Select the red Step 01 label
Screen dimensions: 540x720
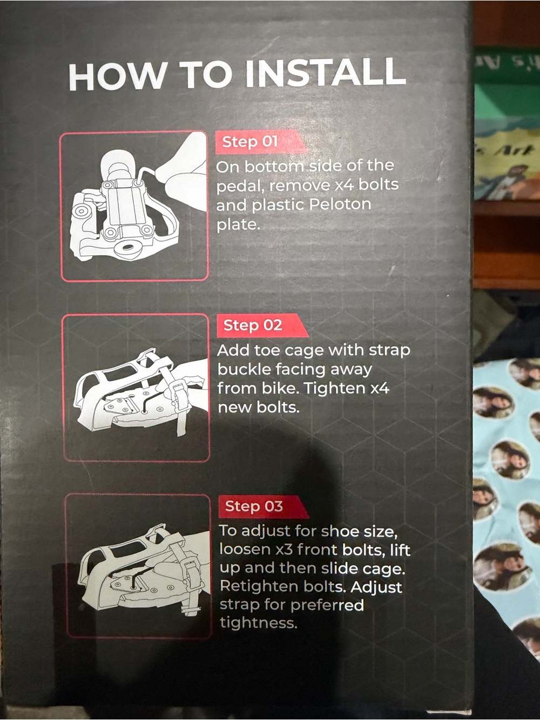[x=261, y=142]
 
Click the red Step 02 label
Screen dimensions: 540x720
[x=262, y=325]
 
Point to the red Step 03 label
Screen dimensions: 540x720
[x=264, y=506]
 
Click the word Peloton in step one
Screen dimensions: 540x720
[x=340, y=205]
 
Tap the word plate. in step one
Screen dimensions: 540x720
[x=238, y=225]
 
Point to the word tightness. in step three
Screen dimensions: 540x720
[x=258, y=623]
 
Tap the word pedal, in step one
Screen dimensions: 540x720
[x=240, y=186]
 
